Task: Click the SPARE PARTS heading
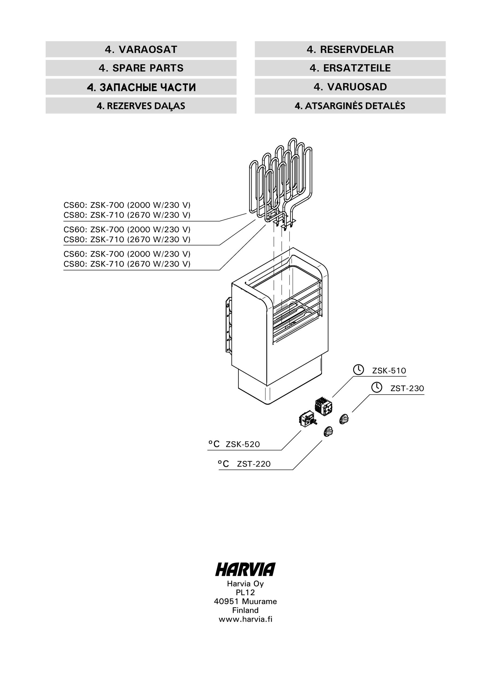coord(141,68)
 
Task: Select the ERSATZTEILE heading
coord(350,68)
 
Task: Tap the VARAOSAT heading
coord(141,49)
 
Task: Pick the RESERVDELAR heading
coord(350,49)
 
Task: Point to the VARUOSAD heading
coord(350,87)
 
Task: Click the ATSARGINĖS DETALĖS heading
coord(350,106)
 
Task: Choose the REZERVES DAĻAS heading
coord(141,106)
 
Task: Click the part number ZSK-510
coord(389,371)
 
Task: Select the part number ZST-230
coord(407,388)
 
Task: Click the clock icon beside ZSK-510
coord(359,370)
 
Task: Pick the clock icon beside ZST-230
coord(377,387)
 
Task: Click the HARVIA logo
coord(245,570)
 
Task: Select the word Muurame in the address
coord(259,602)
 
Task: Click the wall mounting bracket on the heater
coord(228,325)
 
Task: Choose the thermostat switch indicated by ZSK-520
coord(307,419)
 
